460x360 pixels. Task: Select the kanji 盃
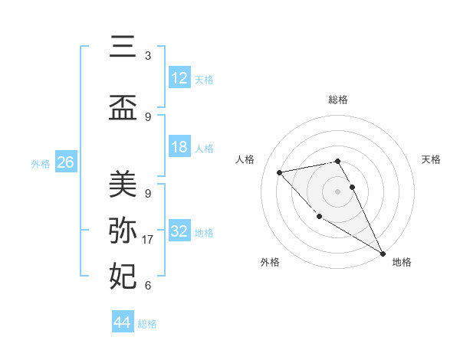pos(123,107)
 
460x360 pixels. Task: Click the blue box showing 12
pos(179,78)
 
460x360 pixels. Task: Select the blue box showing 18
pos(179,147)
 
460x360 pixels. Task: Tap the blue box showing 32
pos(179,231)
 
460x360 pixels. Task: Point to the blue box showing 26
pos(66,162)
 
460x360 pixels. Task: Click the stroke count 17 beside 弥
pos(149,240)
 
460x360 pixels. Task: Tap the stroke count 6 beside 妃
pos(148,286)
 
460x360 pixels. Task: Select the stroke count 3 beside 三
pos(148,56)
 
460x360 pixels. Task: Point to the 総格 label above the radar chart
pos(338,100)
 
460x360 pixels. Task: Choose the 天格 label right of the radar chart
pos(432,159)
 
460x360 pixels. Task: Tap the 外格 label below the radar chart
pos(270,262)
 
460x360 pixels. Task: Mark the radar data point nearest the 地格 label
pos(383,253)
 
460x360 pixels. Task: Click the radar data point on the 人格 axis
pos(280,172)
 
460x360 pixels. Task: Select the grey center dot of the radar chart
pos(338,191)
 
